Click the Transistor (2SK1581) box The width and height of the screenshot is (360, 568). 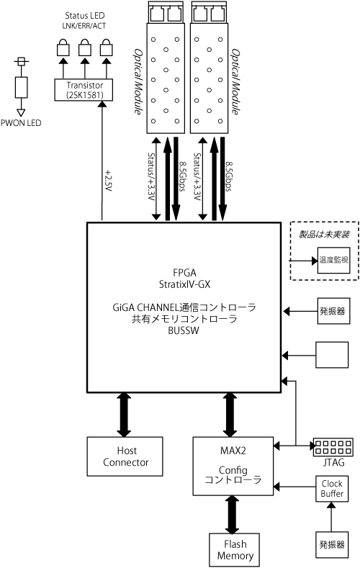pyautogui.click(x=84, y=90)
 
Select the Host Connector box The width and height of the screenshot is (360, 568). pyautogui.click(x=125, y=456)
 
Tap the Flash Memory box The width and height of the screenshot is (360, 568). pyautogui.click(x=234, y=550)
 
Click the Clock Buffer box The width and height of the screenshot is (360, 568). pyautogui.click(x=332, y=489)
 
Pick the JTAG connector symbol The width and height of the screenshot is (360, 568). pyautogui.click(x=333, y=447)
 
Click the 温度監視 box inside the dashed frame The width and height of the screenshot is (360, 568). pyautogui.click(x=333, y=260)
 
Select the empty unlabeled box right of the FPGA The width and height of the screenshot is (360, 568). pyautogui.click(x=332, y=355)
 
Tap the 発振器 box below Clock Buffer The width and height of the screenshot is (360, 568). pyautogui.click(x=332, y=545)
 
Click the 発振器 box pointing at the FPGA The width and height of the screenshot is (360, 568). pyautogui.click(x=333, y=311)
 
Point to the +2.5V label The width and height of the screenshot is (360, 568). pyautogui.click(x=108, y=180)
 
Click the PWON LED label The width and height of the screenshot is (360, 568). pyautogui.click(x=21, y=123)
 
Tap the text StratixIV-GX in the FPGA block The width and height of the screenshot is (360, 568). pyautogui.click(x=184, y=284)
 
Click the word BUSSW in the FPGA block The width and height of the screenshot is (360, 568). pyautogui.click(x=184, y=330)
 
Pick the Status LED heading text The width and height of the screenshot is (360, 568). pyautogui.click(x=85, y=16)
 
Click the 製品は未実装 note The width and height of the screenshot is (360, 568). pyautogui.click(x=324, y=235)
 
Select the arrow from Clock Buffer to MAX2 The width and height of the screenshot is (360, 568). pyautogui.click(x=294, y=486)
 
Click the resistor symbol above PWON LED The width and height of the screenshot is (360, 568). pyautogui.click(x=21, y=87)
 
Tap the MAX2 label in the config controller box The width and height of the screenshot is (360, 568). pyautogui.click(x=233, y=451)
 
